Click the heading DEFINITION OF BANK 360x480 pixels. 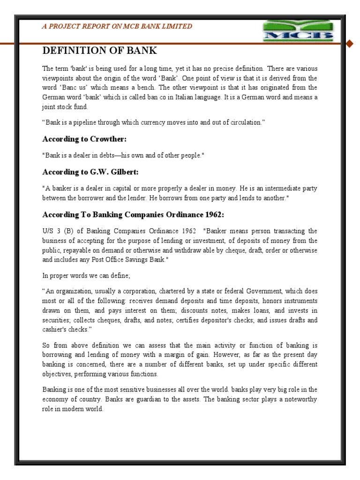tap(100, 51)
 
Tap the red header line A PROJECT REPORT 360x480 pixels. tap(117, 26)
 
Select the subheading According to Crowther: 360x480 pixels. tap(84, 139)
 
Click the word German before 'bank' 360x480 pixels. tap(54, 97)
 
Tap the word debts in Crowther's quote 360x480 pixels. tap(107, 156)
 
